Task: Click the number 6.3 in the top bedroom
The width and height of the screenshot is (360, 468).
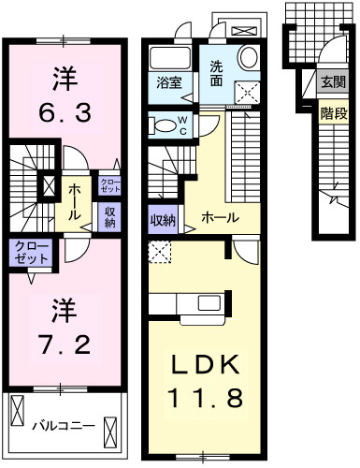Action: tap(63, 114)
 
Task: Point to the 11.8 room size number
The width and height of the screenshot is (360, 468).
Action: tap(206, 398)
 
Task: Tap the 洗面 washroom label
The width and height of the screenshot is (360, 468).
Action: tap(216, 74)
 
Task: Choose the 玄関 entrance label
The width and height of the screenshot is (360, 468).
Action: tap(332, 81)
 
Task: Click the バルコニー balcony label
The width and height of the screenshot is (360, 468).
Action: tap(63, 425)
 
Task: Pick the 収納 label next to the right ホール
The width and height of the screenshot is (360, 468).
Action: tap(165, 221)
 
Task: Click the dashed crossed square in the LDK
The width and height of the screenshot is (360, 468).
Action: tap(160, 251)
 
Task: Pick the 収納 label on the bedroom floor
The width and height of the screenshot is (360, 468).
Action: tap(109, 217)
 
